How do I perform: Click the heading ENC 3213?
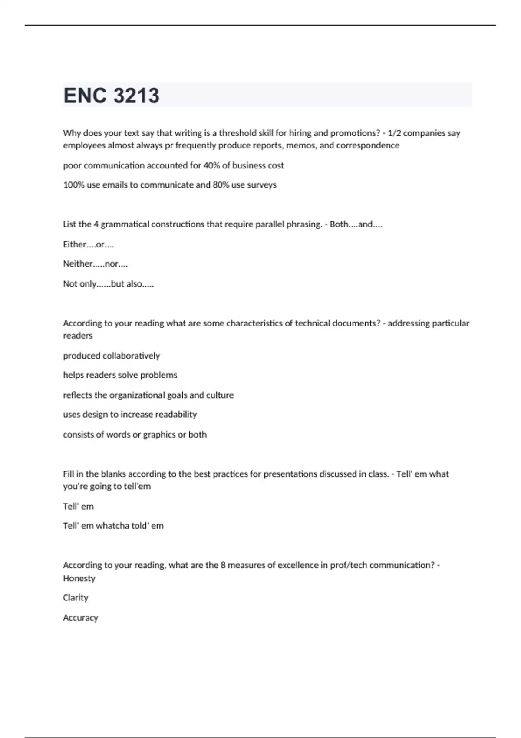point(112,96)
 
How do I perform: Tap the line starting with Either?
point(89,244)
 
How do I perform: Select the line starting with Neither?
point(95,264)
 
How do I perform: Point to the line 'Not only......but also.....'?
point(109,284)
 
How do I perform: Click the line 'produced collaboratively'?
point(112,356)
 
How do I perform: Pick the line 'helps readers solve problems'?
point(120,375)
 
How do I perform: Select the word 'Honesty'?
point(79,578)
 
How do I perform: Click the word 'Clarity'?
point(76,598)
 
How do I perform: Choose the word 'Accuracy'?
point(80,618)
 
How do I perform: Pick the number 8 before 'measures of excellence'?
point(223,565)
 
